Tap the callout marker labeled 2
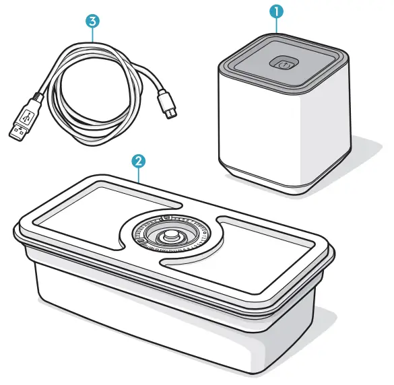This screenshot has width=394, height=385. pyautogui.click(x=138, y=161)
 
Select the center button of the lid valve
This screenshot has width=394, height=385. pyautogui.click(x=172, y=237)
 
